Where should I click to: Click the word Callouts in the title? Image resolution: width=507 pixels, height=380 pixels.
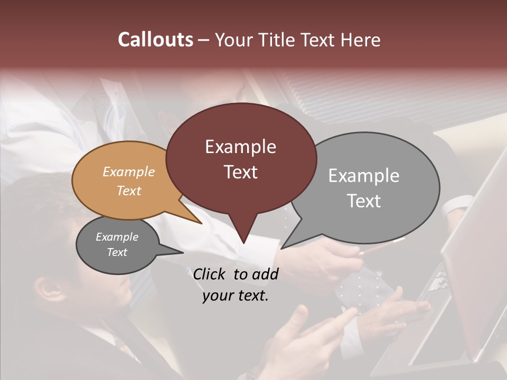pyautogui.click(x=155, y=40)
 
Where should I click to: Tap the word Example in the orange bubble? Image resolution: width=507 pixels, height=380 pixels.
pyautogui.click(x=129, y=172)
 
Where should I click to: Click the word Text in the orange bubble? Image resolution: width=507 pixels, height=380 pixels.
pyautogui.click(x=129, y=191)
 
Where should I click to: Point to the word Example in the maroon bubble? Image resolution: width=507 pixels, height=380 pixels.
pyautogui.click(x=240, y=147)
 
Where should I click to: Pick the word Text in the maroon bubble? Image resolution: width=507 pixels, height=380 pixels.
pyautogui.click(x=240, y=172)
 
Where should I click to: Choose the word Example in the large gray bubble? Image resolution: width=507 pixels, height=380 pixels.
pyautogui.click(x=364, y=176)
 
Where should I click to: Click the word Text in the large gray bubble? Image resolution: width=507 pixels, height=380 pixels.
pyautogui.click(x=364, y=201)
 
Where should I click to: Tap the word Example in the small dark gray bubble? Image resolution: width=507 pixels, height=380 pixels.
pyautogui.click(x=117, y=237)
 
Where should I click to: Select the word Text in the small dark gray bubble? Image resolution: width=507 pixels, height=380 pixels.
pyautogui.click(x=117, y=252)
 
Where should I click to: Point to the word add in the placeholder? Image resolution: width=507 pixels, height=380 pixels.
pyautogui.click(x=265, y=274)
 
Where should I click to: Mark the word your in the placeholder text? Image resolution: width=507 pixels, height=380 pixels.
pyautogui.click(x=218, y=296)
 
